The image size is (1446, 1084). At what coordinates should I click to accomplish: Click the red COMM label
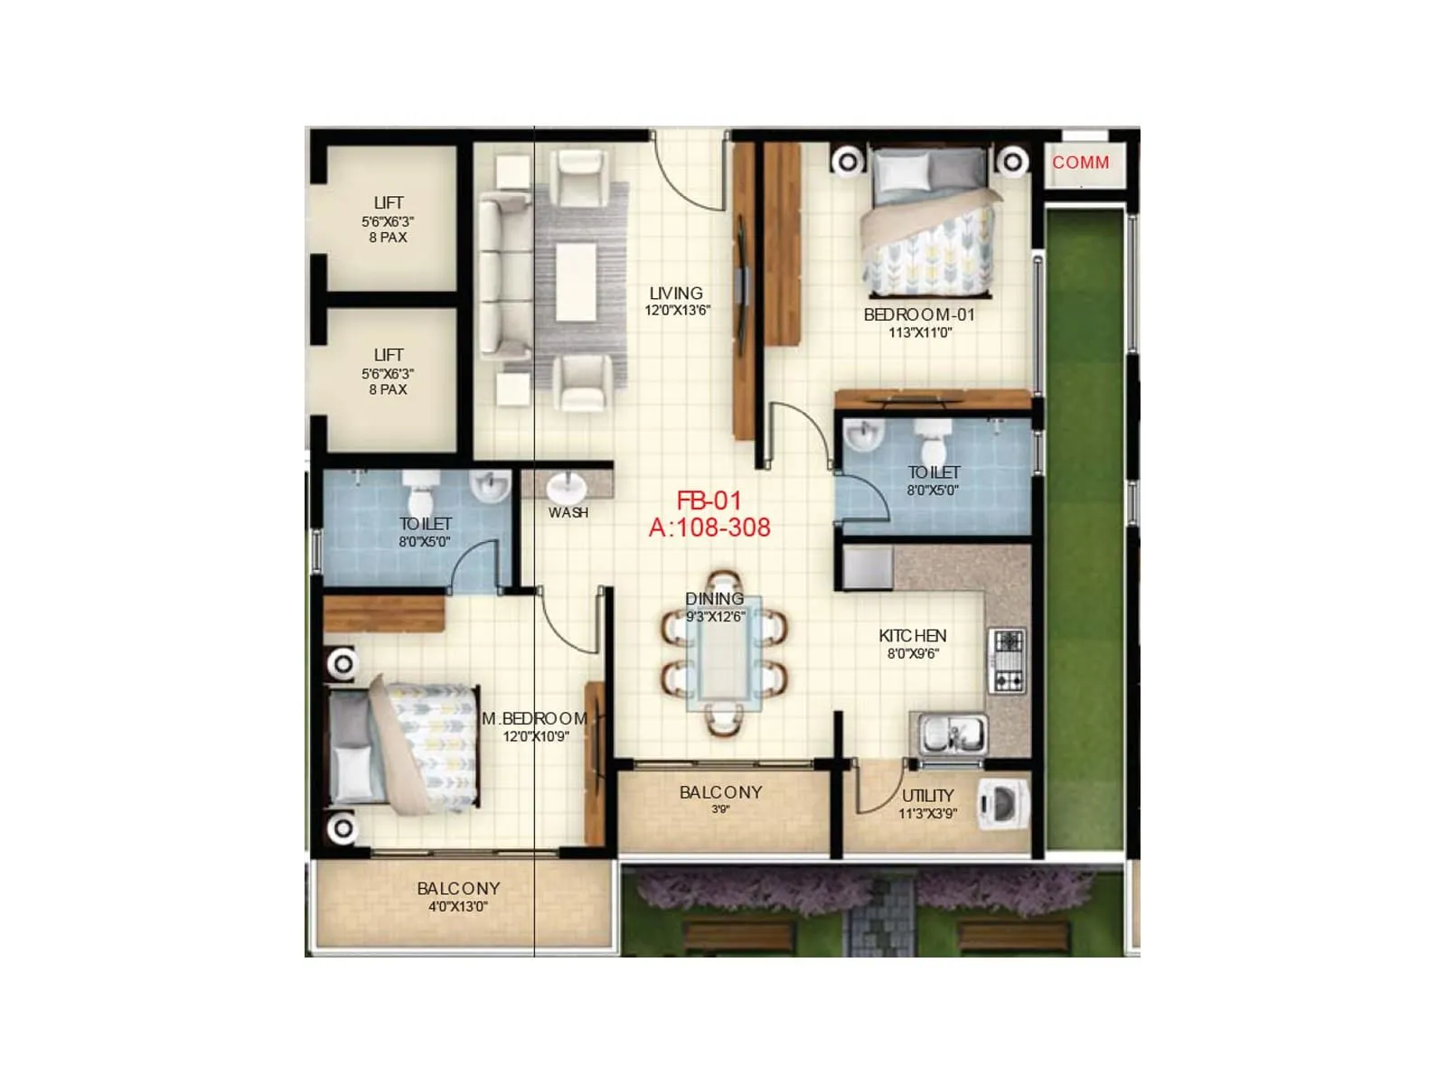1080,163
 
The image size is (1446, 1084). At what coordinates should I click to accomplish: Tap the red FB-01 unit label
709,500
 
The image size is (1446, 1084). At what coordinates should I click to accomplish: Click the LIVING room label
676,294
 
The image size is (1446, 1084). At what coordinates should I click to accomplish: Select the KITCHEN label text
913,636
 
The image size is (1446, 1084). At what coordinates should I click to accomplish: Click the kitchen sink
953,732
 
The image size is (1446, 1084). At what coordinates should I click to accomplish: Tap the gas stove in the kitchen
1007,661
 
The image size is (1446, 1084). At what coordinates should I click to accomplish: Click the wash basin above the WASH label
568,489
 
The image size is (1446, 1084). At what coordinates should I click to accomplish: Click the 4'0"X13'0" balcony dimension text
458,907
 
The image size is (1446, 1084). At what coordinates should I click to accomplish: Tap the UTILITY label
928,796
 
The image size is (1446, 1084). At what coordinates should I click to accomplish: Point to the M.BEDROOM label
535,719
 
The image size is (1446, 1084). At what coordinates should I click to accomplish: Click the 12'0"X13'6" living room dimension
677,311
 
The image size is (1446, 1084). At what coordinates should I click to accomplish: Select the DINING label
715,599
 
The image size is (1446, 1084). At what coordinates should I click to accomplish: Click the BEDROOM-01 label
919,315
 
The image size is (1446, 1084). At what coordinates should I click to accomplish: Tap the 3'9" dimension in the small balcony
720,810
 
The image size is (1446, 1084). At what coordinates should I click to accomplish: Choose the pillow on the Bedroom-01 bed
901,170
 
